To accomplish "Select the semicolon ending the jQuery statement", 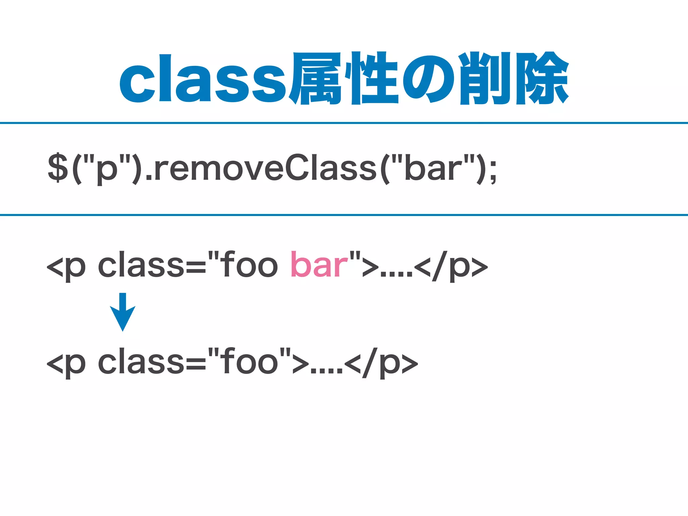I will (x=493, y=171).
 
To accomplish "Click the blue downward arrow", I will (x=123, y=312).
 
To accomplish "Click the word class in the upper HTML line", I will (x=141, y=265).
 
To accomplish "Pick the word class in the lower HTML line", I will (x=141, y=362).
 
